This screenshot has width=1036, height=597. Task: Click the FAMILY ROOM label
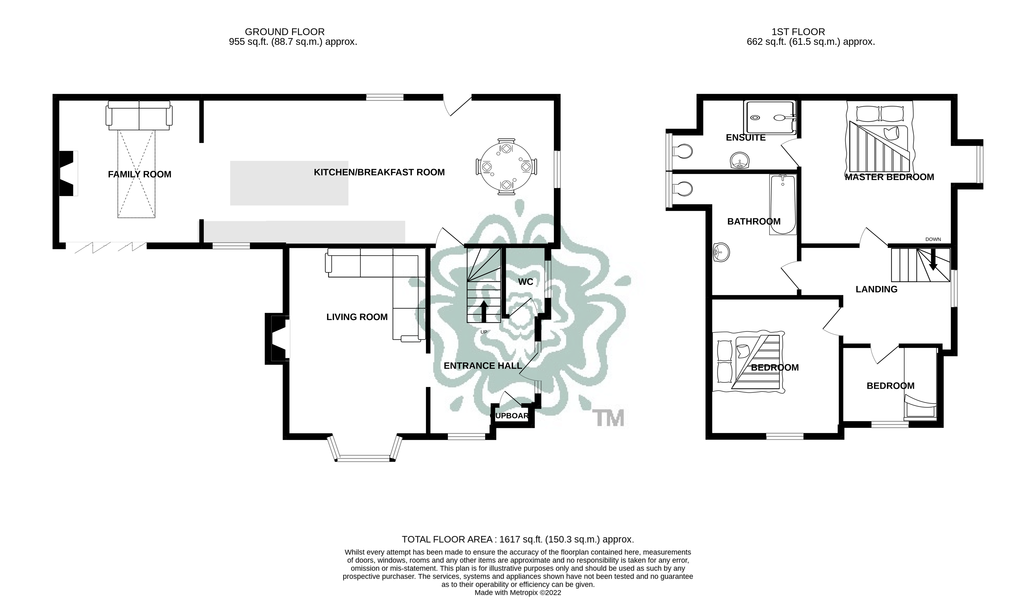[139, 174]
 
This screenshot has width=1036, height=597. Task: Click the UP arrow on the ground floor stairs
[484, 311]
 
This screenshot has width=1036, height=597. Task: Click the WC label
[526, 282]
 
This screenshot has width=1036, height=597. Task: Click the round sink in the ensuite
[740, 160]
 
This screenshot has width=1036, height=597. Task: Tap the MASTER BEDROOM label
[889, 177]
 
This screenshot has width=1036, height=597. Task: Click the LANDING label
[876, 289]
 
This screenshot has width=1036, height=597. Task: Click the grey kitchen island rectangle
[289, 183]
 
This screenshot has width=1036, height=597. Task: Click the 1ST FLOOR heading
[798, 32]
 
